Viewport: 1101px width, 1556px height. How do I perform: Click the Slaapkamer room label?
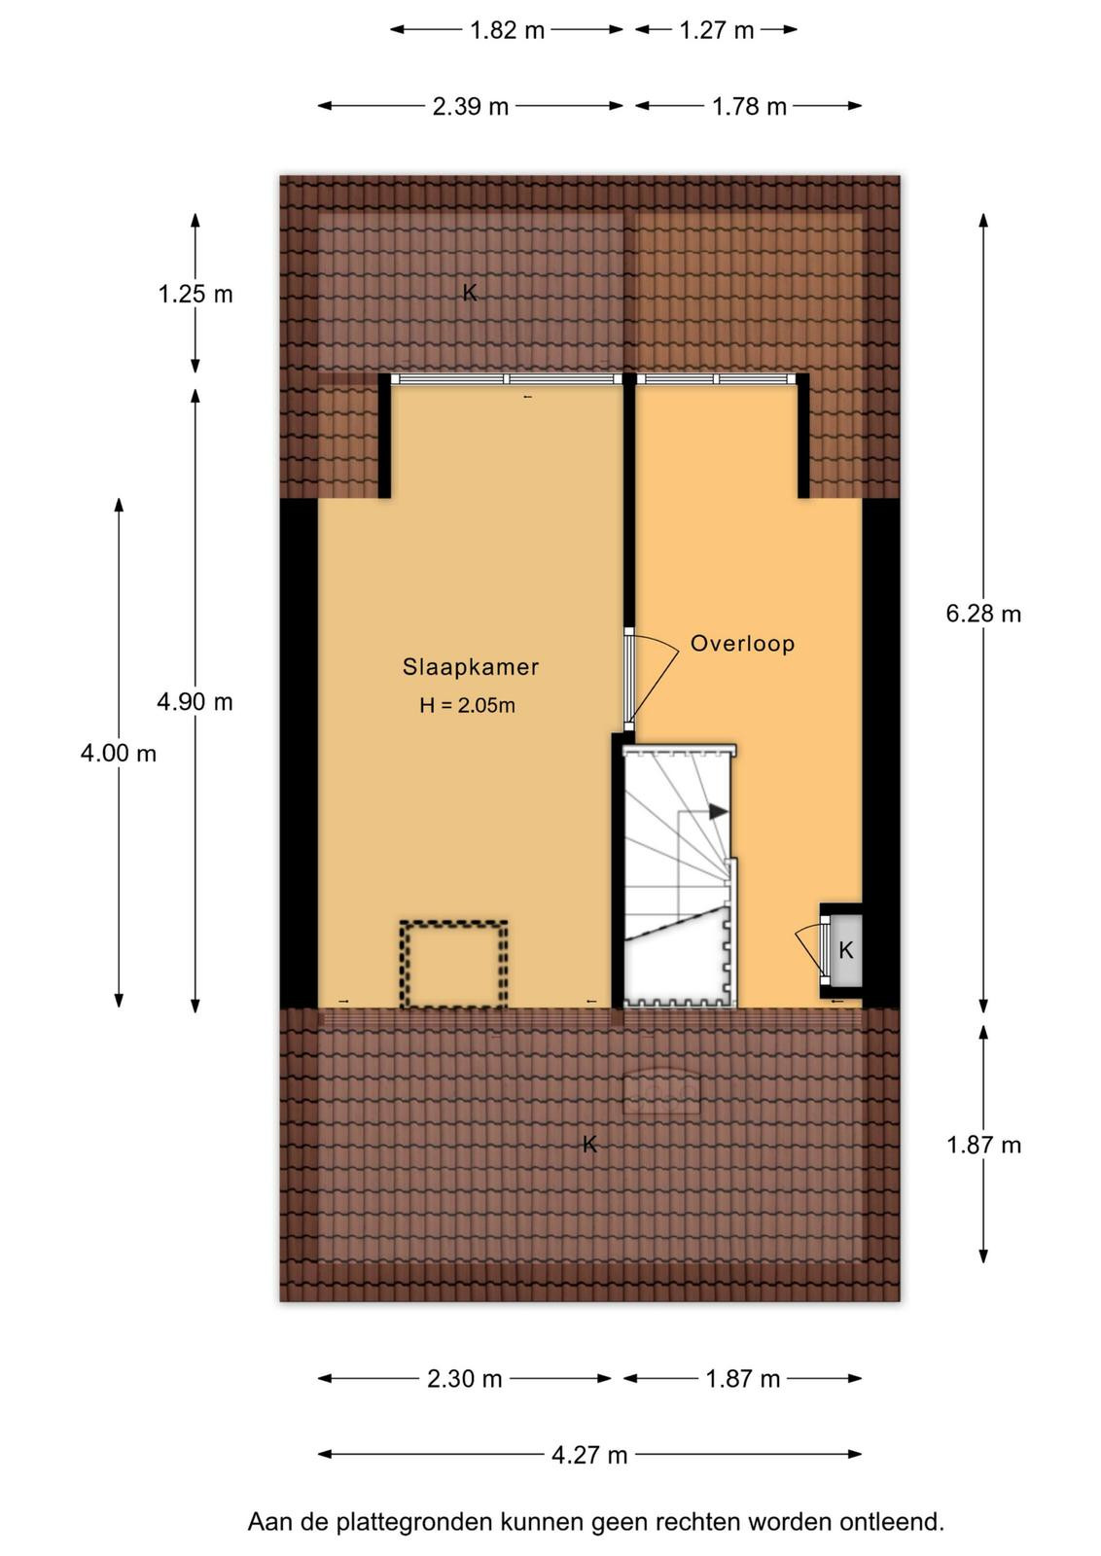click(x=471, y=667)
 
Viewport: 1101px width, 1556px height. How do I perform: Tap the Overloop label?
click(x=742, y=643)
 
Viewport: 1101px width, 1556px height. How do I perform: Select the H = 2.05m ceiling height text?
click(x=467, y=706)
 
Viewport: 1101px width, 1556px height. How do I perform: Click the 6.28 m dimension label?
click(x=983, y=614)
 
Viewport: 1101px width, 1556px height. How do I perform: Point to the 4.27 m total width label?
click(x=589, y=1455)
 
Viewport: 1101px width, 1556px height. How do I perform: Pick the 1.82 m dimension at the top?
click(x=507, y=30)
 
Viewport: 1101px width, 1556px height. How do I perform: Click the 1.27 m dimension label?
click(x=716, y=30)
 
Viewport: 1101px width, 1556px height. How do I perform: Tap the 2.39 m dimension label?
click(x=471, y=106)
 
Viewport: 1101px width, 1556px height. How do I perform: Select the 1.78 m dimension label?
click(x=749, y=106)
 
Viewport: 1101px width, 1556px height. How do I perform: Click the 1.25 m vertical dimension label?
click(x=195, y=295)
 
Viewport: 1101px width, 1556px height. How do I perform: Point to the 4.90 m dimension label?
click(x=195, y=702)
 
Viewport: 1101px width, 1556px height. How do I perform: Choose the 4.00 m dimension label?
click(x=118, y=753)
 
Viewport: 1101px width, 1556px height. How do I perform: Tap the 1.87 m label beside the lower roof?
click(x=983, y=1145)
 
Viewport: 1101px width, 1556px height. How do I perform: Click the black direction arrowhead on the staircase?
click(x=718, y=811)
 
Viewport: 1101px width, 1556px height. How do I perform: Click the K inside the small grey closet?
click(x=845, y=949)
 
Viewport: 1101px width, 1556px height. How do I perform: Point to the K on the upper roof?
click(x=470, y=293)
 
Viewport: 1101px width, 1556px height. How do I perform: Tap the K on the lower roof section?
click(x=589, y=1144)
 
